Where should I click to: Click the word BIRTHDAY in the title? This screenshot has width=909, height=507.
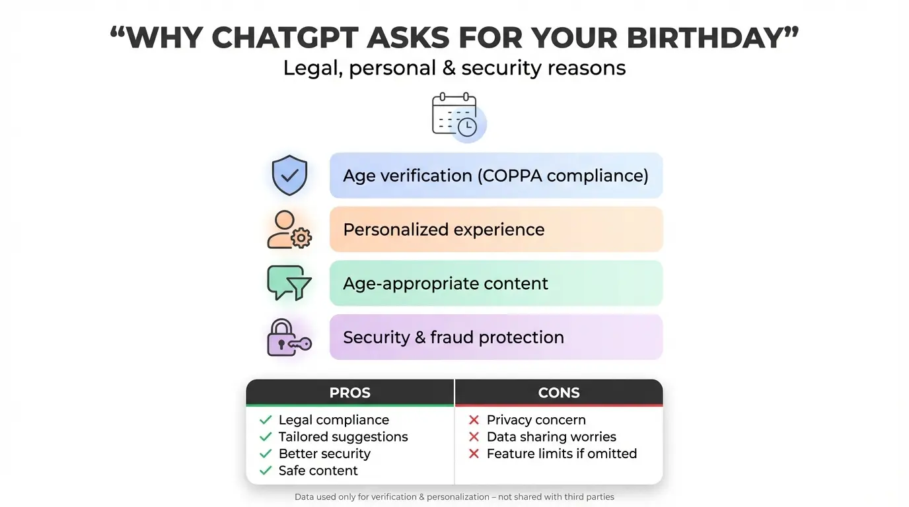point(706,39)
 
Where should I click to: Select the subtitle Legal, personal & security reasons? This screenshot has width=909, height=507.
point(454,68)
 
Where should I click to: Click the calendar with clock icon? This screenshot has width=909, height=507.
point(457,118)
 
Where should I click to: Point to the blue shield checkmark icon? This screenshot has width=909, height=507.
point(289,176)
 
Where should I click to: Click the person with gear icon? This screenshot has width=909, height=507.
point(289,230)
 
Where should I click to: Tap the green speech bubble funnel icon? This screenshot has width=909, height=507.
point(289,283)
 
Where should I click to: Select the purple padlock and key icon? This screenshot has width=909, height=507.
point(289,337)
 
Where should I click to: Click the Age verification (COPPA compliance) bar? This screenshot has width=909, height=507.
point(495,176)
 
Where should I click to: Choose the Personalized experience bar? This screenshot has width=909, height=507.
point(495,230)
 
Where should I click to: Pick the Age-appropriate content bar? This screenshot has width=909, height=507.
point(495,284)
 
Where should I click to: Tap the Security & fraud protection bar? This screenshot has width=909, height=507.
point(495,337)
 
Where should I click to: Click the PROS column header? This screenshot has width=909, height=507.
point(350,393)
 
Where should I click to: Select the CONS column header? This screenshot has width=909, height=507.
point(559,393)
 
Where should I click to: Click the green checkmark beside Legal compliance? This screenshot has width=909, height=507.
point(266,420)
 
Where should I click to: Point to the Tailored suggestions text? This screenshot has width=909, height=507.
point(343,437)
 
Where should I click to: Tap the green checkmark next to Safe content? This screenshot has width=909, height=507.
point(266,471)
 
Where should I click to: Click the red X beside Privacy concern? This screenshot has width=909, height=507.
point(474,420)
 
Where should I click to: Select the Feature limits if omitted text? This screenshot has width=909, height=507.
point(562,454)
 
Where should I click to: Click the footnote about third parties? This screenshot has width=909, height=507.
point(454,496)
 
